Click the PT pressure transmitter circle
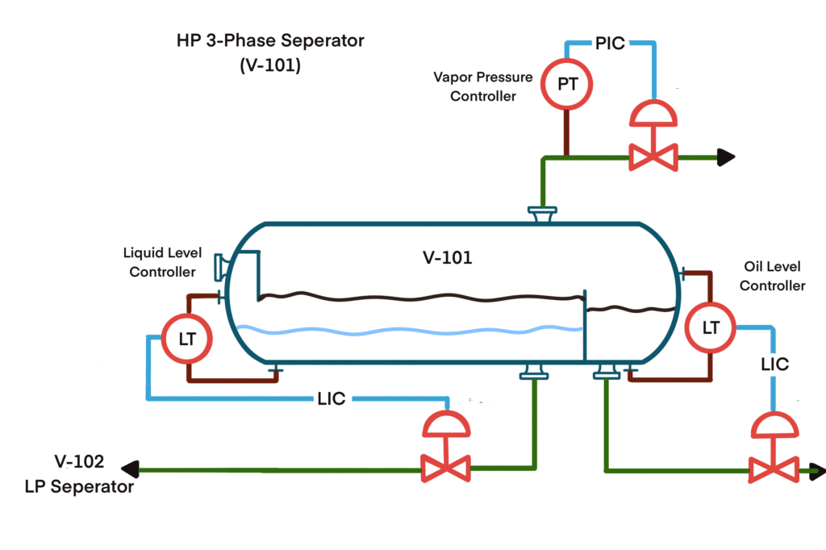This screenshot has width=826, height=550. [567, 83]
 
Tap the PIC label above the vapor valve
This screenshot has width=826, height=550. [610, 44]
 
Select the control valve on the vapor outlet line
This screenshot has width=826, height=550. [653, 149]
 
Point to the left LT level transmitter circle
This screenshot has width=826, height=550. [186, 339]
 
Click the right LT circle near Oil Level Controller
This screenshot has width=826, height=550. [710, 327]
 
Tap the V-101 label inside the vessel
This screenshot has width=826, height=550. [447, 258]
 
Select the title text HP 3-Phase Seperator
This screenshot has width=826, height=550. [270, 40]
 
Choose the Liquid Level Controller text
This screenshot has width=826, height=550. [163, 262]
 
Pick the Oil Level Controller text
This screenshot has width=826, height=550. [772, 275]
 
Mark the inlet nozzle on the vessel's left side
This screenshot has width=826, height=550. [219, 266]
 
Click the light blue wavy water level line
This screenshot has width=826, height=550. [411, 330]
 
